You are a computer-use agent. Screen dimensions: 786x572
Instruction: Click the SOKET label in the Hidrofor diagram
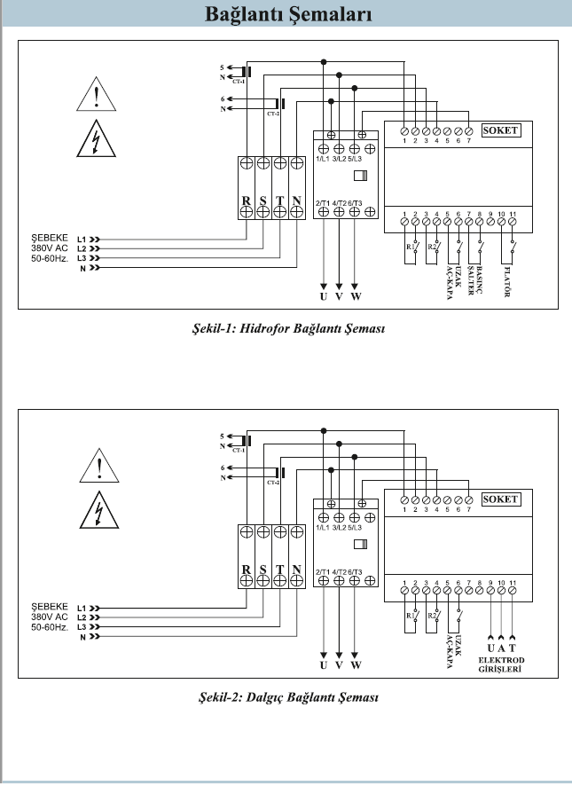tap(500, 130)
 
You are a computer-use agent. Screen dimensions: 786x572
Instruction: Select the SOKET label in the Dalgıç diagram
tap(500, 499)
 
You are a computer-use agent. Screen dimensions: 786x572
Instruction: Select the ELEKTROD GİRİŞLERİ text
tap(502, 665)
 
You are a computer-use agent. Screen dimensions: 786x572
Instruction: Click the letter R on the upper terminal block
tap(247, 201)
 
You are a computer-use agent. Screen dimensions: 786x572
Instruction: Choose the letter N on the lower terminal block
tap(297, 570)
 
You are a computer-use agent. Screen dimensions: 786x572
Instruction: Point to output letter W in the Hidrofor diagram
tap(356, 295)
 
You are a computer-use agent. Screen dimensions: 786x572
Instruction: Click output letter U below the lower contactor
tap(324, 664)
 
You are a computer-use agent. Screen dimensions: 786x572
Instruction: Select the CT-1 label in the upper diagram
tap(239, 82)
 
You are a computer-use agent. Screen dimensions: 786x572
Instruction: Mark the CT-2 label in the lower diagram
tap(273, 483)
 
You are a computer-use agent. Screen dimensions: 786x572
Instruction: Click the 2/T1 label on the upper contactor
tap(323, 203)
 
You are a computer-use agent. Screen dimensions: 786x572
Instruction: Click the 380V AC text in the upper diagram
tap(50, 248)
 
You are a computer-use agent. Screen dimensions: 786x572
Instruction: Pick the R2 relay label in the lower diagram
tap(431, 614)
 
